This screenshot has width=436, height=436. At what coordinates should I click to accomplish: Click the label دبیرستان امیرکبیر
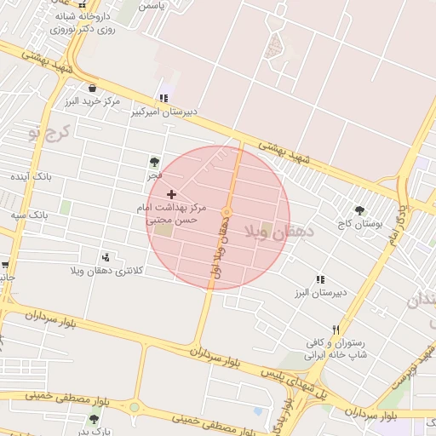pos(167,111)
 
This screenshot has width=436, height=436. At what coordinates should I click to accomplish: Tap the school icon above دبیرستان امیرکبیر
pos(163,98)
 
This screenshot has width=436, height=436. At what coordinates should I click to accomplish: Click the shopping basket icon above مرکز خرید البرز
pos(92,87)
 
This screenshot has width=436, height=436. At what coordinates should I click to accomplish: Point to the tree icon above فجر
pos(154,161)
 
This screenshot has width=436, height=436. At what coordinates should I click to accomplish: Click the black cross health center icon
pos(171,195)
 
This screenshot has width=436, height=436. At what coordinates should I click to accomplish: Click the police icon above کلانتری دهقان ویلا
pos(106,257)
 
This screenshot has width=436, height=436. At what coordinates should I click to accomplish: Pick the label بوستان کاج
pos(360,223)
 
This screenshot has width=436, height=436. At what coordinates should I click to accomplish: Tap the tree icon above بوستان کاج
pos(359,210)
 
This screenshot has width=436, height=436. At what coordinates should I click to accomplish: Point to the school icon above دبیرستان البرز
pos(320,279)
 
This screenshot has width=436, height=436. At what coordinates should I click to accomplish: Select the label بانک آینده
pos(32,176)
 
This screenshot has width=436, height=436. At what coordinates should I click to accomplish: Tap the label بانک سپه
pos(28,215)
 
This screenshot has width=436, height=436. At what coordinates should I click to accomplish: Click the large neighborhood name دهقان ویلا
pos(278,231)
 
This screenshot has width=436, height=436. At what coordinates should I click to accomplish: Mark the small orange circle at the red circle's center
pos(227,212)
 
